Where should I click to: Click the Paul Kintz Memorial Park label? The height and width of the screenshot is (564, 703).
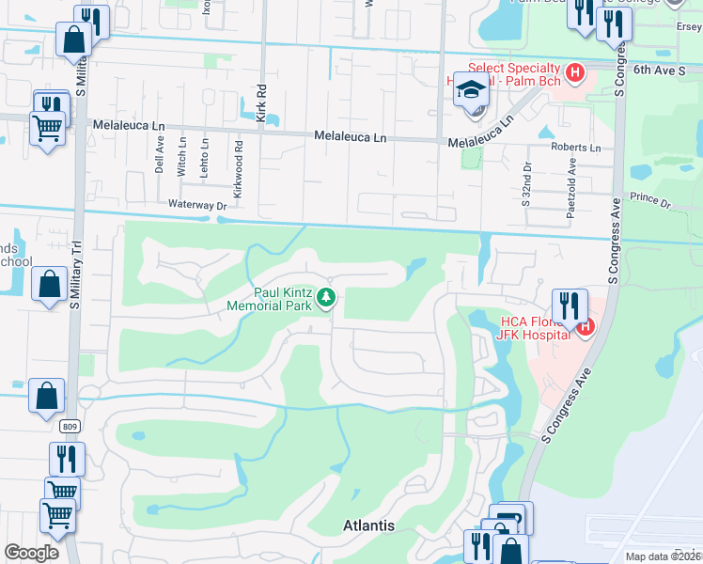(271, 298)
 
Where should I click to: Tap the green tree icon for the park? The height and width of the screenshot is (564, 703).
(326, 298)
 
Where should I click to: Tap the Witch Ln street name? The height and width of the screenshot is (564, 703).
(182, 148)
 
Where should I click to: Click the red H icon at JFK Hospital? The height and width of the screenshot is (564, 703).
(586, 327)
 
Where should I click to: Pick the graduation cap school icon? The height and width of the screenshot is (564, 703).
(471, 90)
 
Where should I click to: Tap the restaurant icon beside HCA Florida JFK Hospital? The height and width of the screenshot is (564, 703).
(570, 305)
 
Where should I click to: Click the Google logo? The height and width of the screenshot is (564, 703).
(31, 553)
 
